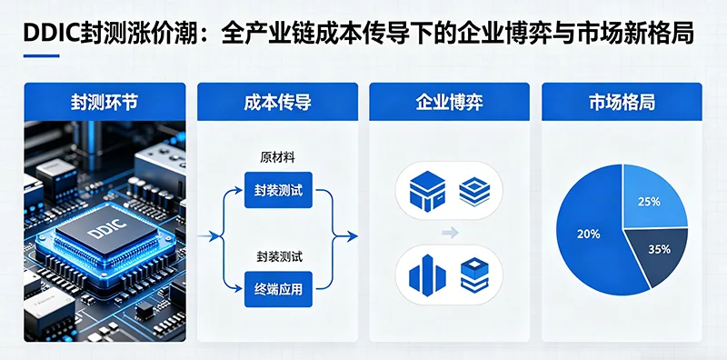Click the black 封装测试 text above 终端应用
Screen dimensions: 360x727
pyautogui.click(x=277, y=257)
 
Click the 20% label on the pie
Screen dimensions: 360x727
pyautogui.click(x=588, y=234)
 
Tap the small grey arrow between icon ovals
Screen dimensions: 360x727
pyautogui.click(x=449, y=234)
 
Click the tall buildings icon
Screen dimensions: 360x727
pyautogui.click(x=425, y=274)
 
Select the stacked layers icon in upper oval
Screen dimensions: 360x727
pyautogui.click(x=474, y=192)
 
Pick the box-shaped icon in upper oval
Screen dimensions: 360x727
pyautogui.click(x=425, y=192)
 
